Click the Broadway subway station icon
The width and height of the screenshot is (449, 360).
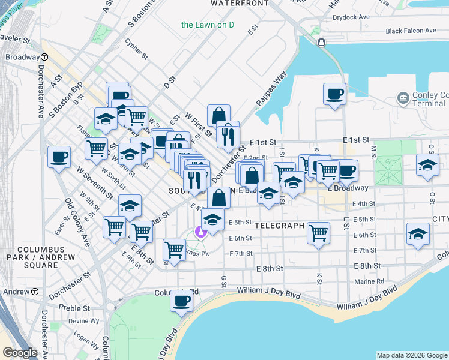pyautogui.click(x=45, y=57)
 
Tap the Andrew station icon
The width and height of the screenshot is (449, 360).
pyautogui.click(x=35, y=292)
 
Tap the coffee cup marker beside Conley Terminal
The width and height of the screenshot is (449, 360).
pyautogui.click(x=334, y=94)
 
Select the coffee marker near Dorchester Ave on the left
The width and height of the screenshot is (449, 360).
pyautogui.click(x=59, y=157)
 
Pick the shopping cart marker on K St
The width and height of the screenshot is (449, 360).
pyautogui.click(x=318, y=232)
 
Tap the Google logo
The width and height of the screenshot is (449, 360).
pyautogui.click(x=20, y=353)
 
